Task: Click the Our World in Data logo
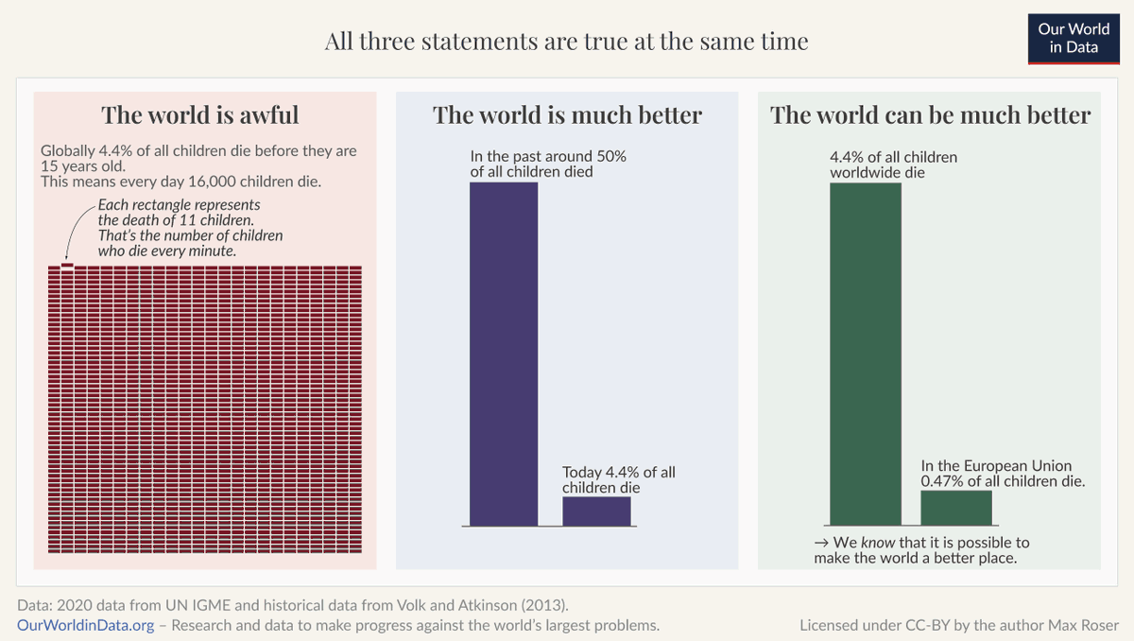[1073, 38]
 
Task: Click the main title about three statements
[567, 42]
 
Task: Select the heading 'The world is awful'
[200, 115]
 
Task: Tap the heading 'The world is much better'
[567, 115]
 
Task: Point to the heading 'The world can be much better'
[930, 115]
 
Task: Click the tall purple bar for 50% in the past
[504, 354]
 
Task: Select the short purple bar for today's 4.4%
[596, 511]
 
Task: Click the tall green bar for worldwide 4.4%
[865, 354]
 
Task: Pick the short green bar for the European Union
[956, 507]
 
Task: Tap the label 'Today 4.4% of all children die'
[619, 479]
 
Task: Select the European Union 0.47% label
[1002, 473]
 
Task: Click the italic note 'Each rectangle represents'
[179, 205]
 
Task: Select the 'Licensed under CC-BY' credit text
[958, 625]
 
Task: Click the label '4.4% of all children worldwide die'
[893, 165]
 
